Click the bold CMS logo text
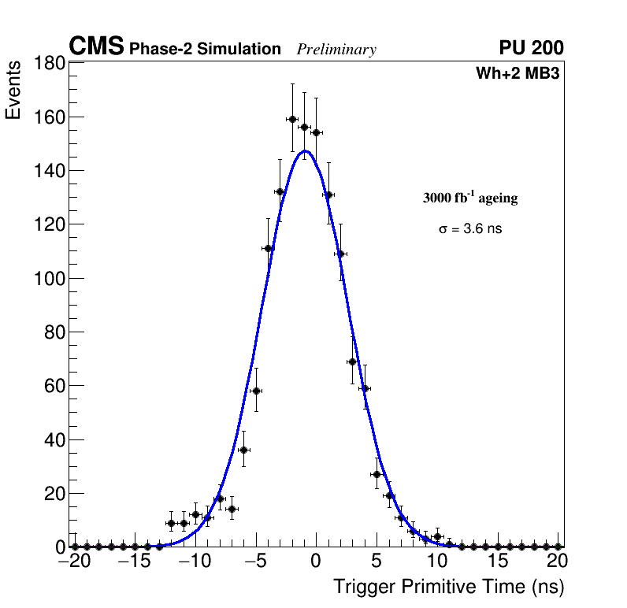tap(96, 47)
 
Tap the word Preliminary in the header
tap(336, 50)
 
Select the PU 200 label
tap(531, 48)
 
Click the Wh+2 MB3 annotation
tap(518, 74)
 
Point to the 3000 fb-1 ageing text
tap(470, 198)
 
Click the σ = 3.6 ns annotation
tap(470, 229)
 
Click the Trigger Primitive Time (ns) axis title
tap(448, 587)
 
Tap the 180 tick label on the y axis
tap(47, 64)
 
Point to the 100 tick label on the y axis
tap(47, 278)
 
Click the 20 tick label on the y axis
tap(53, 494)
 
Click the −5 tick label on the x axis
tap(254, 562)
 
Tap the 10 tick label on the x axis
tap(437, 562)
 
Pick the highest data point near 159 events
tap(292, 120)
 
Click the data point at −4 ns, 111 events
tap(268, 249)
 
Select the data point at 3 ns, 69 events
tap(352, 361)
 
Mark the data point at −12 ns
tap(171, 523)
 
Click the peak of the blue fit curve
tap(305, 151)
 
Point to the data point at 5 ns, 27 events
tap(377, 474)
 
